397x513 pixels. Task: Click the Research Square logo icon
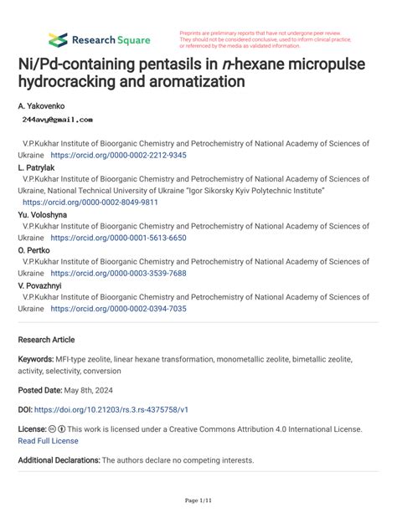[x=57, y=39]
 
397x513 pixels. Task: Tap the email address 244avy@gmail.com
[x=57, y=121]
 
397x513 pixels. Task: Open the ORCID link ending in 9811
[x=90, y=203]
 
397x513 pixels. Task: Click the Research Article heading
[x=46, y=340]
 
